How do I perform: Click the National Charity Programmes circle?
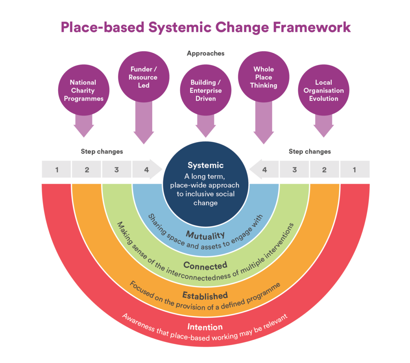[84, 90]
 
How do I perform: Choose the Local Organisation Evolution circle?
[324, 90]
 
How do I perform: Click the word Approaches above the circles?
[205, 53]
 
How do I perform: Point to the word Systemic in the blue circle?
[206, 165]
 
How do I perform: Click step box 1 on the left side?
[57, 170]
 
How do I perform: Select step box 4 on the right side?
[264, 170]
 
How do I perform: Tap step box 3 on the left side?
[117, 170]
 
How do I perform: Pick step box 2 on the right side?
[324, 170]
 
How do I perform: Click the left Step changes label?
[102, 152]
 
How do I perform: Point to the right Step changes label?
[310, 152]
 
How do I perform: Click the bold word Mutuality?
[205, 234]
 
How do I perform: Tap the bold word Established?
[205, 295]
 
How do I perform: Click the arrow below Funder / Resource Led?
[143, 122]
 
